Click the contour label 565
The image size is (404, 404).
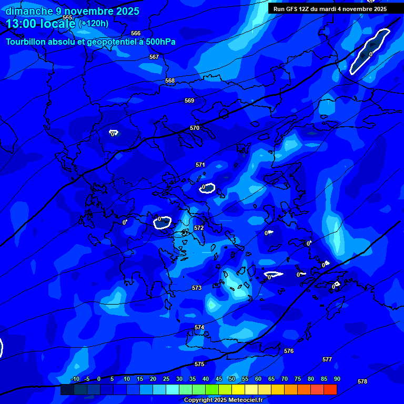coord(67,17)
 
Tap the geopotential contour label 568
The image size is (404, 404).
coord(170,80)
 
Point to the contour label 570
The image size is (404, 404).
coord(195,128)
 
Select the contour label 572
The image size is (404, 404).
coord(198,228)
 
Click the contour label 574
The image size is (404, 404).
coord(199,327)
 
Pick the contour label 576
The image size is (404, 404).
coord(289,351)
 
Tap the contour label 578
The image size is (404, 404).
coord(362,381)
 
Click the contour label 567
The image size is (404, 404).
coord(154,57)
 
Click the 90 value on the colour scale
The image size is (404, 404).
coord(337,379)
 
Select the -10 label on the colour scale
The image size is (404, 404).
coord(75,379)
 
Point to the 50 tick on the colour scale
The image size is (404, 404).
coord(231,379)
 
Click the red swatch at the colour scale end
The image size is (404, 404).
coord(330,389)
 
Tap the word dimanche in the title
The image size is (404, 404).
coord(29,11)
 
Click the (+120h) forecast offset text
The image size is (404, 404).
coord(94,24)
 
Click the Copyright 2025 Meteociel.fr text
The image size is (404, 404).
coord(223,400)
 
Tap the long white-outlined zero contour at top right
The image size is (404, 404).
coord(370,51)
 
